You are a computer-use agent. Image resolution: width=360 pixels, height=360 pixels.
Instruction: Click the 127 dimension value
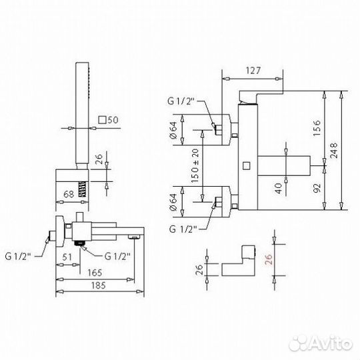tap(253, 71)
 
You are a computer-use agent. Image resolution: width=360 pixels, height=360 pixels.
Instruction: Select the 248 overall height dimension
tap(334, 151)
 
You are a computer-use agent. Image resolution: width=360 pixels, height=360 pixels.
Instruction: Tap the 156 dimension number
tap(317, 128)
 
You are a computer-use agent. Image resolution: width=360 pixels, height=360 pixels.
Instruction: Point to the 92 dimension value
tap(317, 188)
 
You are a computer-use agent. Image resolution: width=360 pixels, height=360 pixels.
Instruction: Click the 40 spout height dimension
tap(279, 188)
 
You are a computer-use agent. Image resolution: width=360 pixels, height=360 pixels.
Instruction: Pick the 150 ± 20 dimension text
tap(195, 165)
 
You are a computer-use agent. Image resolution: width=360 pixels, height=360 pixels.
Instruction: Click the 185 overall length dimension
tap(99, 285)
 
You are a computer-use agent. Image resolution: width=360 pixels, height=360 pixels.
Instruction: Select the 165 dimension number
tap(95, 273)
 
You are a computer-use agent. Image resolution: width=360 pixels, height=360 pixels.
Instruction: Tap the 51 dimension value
tap(67, 257)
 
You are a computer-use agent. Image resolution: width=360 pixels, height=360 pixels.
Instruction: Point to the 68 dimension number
tap(69, 194)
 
